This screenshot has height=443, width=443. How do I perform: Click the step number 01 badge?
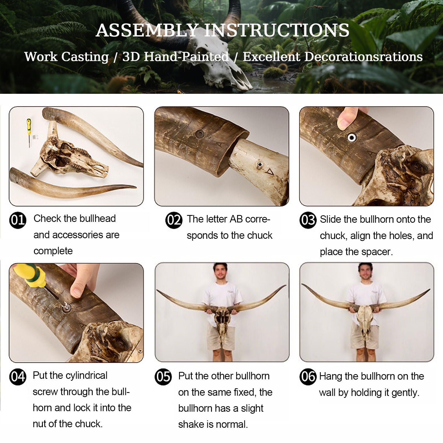18,220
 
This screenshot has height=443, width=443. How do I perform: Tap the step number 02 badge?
174,220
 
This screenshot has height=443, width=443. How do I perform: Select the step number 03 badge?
308,220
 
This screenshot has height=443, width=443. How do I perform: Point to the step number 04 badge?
18,377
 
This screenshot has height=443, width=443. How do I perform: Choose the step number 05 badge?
163,377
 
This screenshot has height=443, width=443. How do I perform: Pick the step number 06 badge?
308,377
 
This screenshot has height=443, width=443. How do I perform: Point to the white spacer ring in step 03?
352,137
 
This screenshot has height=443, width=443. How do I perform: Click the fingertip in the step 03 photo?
346,118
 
